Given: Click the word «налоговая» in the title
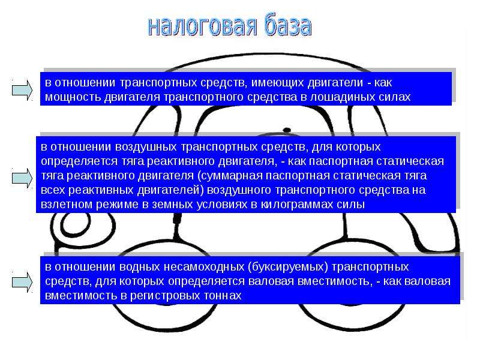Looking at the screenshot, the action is point(202,26).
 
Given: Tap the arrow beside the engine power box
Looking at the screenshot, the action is point(22,90).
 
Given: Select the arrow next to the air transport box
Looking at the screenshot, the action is point(22,178).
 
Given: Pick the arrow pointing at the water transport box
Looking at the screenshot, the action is point(22,282).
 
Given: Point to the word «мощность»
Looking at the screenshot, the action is point(73,97).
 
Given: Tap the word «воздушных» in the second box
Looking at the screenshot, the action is point(146,147).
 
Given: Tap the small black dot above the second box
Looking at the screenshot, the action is point(287,130).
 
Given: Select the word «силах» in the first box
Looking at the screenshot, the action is point(395,97).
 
